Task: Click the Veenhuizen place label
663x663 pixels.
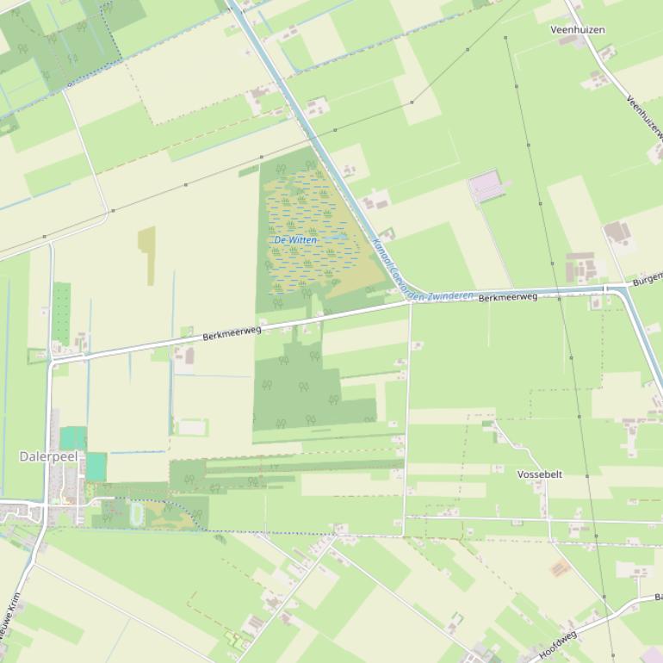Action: pyautogui.click(x=578, y=29)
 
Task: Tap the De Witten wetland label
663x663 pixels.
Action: pyautogui.click(x=295, y=239)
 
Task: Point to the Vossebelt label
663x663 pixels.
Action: pyautogui.click(x=540, y=474)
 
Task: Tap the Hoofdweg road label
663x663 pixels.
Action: pyautogui.click(x=557, y=645)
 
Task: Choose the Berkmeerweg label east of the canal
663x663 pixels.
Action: pyautogui.click(x=508, y=297)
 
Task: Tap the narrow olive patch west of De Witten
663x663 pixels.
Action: pyautogui.click(x=147, y=255)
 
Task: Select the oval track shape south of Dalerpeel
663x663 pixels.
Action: pyautogui.click(x=137, y=514)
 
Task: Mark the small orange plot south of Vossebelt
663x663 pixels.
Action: pyautogui.click(x=561, y=568)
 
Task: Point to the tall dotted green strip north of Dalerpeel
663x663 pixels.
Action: pyautogui.click(x=61, y=313)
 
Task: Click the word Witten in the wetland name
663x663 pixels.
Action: pyautogui.click(x=302, y=239)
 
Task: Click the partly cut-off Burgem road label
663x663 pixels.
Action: pyautogui.click(x=648, y=279)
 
